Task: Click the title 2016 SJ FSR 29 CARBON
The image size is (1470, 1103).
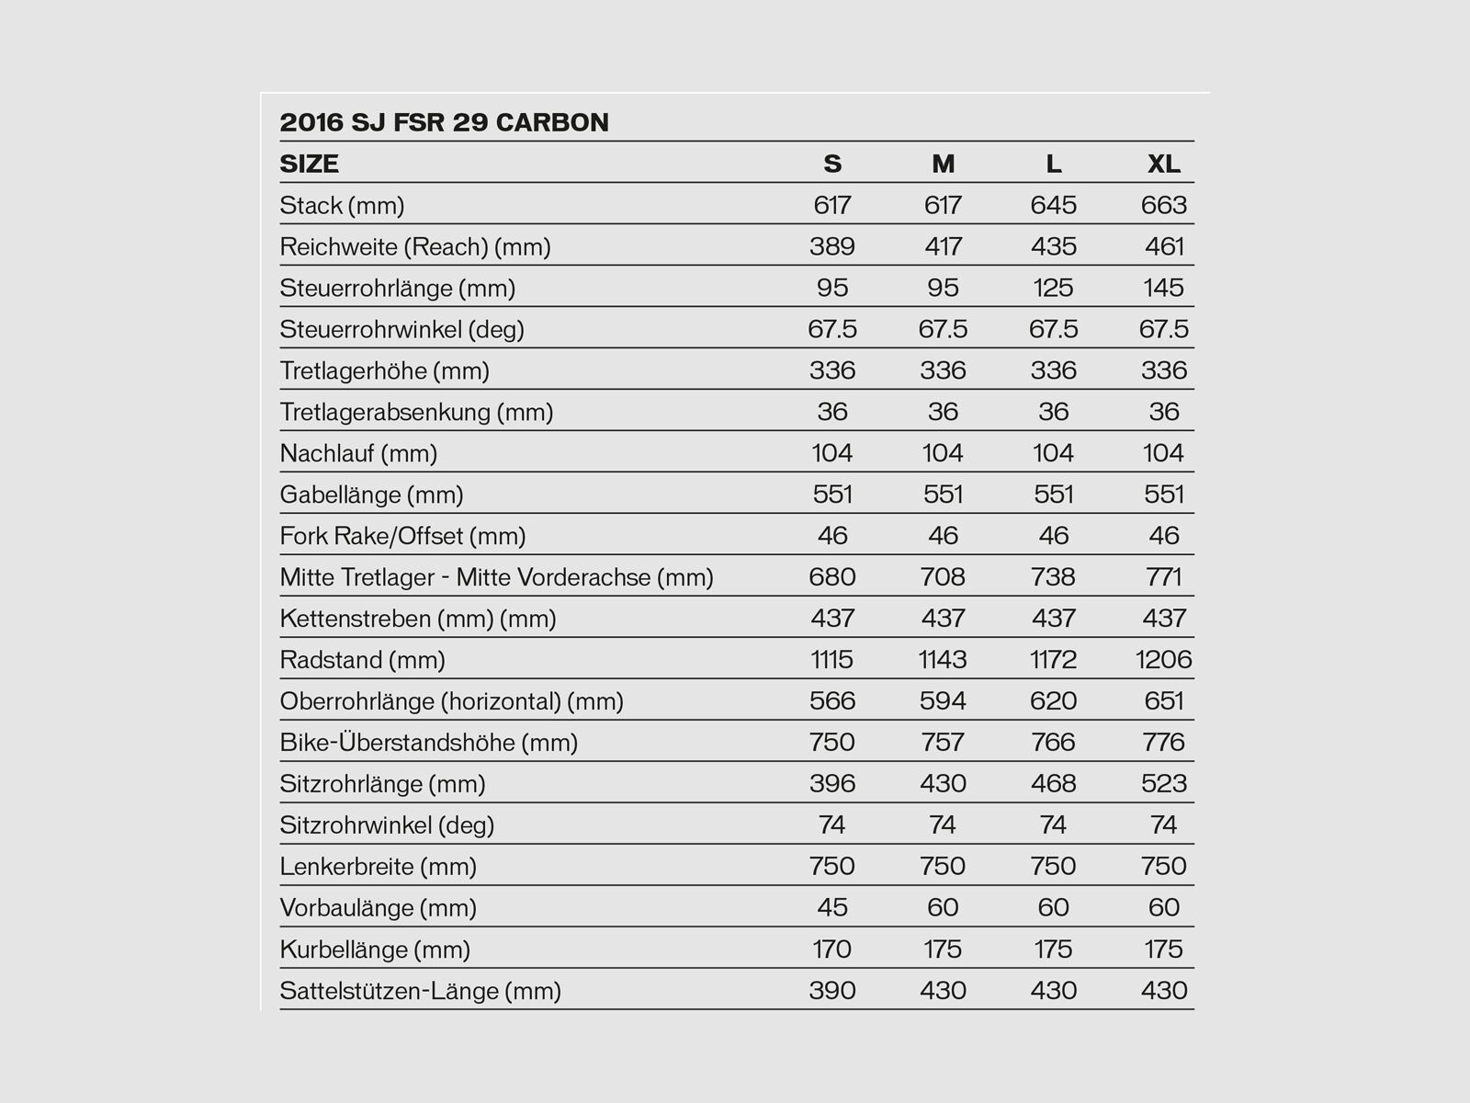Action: coord(444,122)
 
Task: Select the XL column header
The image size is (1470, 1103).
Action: coord(1163,164)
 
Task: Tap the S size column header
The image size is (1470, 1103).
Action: coord(832,164)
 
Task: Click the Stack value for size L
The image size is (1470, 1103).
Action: coord(1053,205)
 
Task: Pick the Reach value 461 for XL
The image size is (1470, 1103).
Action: coord(1164,246)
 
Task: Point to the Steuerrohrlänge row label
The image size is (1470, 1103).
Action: coord(397,288)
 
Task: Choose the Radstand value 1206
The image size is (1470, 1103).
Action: coord(1163,660)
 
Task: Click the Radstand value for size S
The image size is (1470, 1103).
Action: coord(832,660)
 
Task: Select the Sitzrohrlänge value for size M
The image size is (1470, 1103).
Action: coord(943,784)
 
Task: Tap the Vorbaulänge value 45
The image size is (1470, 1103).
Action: coord(832,908)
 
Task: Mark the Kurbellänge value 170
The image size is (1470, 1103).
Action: coord(832,949)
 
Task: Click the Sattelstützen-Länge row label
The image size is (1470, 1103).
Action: coord(420,991)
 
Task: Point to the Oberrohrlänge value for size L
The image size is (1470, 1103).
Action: coord(1053,701)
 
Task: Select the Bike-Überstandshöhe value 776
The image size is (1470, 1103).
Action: coord(1164,743)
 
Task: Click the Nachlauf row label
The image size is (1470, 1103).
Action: coord(358,453)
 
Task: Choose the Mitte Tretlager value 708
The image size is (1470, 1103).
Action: coord(943,577)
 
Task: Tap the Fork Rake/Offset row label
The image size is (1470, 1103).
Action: coord(402,536)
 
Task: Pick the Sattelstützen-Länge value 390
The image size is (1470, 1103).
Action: coord(832,991)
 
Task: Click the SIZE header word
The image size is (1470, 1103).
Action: coord(309,164)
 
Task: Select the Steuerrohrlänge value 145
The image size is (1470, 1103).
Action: coord(1163,288)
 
